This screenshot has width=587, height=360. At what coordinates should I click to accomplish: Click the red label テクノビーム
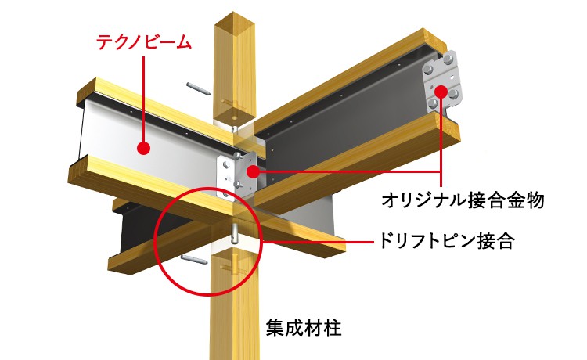tap(144, 42)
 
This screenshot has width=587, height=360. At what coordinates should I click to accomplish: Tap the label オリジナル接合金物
tap(463, 200)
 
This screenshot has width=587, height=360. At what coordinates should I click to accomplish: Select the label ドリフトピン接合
tap(446, 240)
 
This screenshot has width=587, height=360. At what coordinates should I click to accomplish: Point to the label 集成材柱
tap(304, 328)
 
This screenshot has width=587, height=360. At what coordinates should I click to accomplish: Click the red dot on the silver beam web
tap(144, 149)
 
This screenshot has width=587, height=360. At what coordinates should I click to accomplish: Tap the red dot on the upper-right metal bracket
tap(441, 92)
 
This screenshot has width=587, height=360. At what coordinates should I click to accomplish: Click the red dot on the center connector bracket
tap(254, 171)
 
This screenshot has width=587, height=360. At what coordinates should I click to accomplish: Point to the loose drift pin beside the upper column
tap(199, 88)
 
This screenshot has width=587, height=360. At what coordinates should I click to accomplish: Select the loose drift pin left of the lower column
tap(194, 259)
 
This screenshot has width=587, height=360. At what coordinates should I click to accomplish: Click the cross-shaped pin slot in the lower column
tap(234, 267)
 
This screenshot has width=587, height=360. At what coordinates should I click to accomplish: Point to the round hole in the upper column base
tap(234, 117)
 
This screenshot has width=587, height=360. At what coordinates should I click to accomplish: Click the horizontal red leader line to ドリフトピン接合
tap(319, 242)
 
